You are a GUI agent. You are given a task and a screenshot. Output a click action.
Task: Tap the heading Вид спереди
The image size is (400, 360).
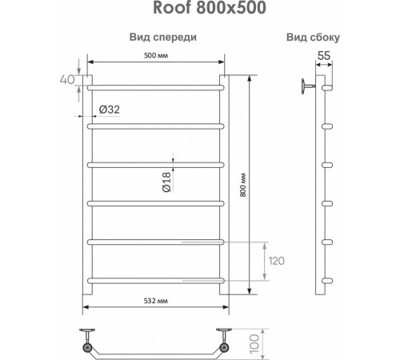[x=164, y=38]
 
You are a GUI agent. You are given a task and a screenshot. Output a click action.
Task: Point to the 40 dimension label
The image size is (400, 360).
[x=66, y=80]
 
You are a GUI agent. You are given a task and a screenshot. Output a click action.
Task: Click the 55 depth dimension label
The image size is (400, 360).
[x=325, y=56]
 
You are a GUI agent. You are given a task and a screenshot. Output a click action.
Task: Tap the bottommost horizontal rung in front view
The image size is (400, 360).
[x=155, y=279]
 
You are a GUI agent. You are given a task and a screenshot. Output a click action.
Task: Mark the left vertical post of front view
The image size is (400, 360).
[x=90, y=192]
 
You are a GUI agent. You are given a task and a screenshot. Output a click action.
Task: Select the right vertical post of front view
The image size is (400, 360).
[x=226, y=192]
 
